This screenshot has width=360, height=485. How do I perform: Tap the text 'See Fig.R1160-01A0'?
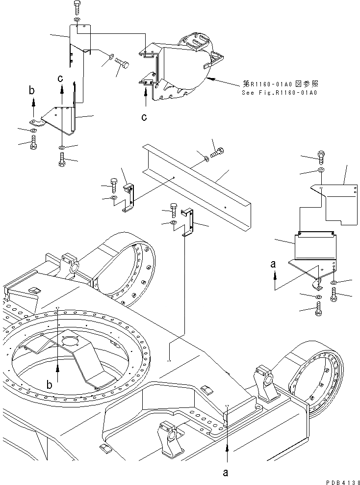point(279,92)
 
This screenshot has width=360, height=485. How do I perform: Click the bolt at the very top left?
point(77,8)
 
